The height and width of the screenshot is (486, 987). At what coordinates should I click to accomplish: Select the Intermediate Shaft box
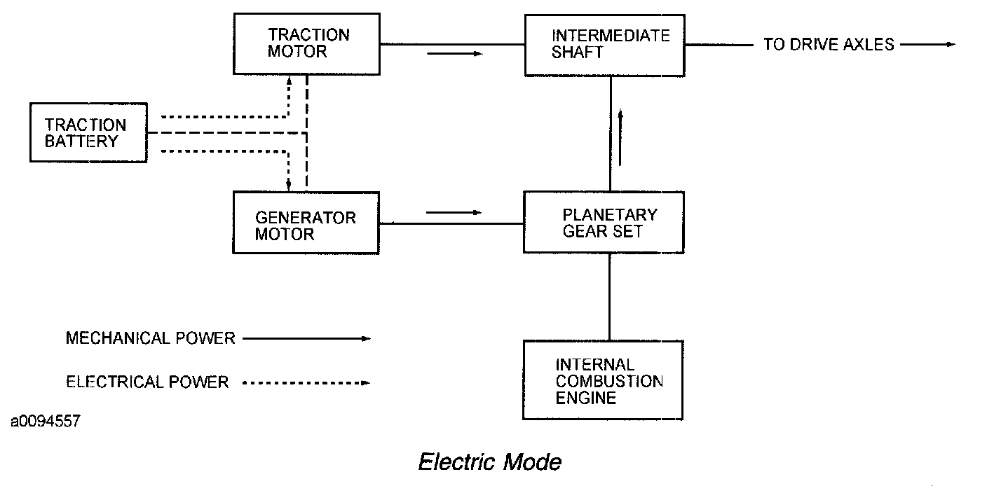pyautogui.click(x=604, y=44)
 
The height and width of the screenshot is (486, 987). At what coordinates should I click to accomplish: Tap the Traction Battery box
pyautogui.click(x=88, y=133)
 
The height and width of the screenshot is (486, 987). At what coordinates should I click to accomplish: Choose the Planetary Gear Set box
pyautogui.click(x=604, y=222)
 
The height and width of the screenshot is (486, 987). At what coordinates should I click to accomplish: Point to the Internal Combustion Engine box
pyautogui.click(x=603, y=380)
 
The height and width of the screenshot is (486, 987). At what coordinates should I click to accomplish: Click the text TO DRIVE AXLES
pyautogui.click(x=829, y=45)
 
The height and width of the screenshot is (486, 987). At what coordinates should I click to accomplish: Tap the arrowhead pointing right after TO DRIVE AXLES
pyautogui.click(x=950, y=45)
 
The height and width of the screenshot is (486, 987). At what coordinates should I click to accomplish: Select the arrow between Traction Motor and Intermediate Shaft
pyautogui.click(x=454, y=54)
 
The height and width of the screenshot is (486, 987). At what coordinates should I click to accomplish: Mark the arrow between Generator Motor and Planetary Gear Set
pyautogui.click(x=454, y=212)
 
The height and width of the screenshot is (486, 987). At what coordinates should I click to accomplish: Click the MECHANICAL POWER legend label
pyautogui.click(x=150, y=339)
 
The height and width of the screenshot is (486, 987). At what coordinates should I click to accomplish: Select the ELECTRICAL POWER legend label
pyautogui.click(x=147, y=382)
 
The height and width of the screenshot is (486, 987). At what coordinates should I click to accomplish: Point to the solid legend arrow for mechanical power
pyautogui.click(x=306, y=339)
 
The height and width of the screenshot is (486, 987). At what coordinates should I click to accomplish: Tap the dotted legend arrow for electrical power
pyautogui.click(x=306, y=383)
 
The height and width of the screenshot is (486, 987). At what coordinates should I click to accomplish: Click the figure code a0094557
pyautogui.click(x=46, y=422)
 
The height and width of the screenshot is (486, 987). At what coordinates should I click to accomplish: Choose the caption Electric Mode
pyautogui.click(x=490, y=462)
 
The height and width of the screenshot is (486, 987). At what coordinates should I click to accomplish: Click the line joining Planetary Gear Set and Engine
pyautogui.click(x=610, y=296)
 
